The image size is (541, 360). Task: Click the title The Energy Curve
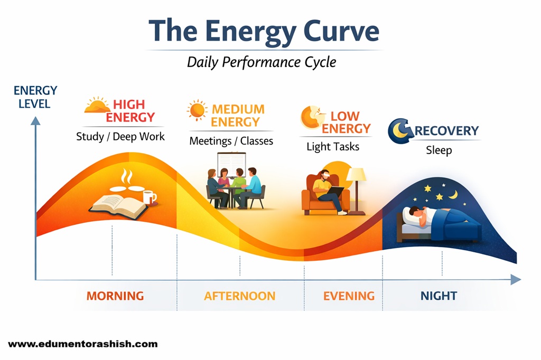264,32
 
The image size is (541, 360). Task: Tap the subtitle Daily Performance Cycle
262,62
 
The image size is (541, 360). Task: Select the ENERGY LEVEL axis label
35,97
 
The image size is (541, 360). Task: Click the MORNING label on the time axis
115,296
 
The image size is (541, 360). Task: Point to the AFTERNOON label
240,296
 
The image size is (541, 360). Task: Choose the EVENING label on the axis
349,296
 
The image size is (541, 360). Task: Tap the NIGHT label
439,296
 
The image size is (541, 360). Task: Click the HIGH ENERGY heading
130,111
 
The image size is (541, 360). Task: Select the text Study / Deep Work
120,137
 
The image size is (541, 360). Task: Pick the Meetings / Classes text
231,141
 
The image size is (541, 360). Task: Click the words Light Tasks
333,147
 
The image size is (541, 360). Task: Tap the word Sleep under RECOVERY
439,150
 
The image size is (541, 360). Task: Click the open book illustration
118,206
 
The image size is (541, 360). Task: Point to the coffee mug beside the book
150,197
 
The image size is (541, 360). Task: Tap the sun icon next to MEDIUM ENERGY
198,110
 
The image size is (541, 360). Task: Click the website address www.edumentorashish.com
83,344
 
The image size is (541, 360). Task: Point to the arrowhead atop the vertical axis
35,121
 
